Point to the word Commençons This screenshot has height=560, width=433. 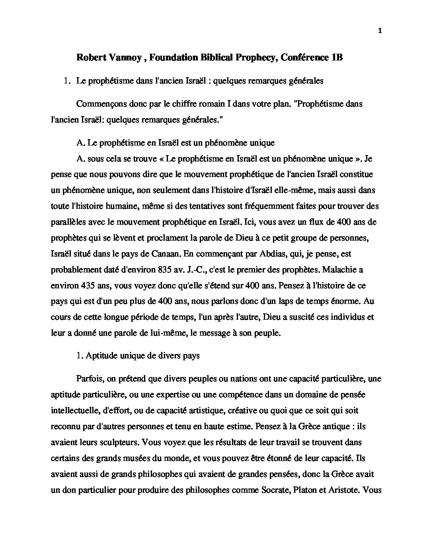(x=99, y=104)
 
